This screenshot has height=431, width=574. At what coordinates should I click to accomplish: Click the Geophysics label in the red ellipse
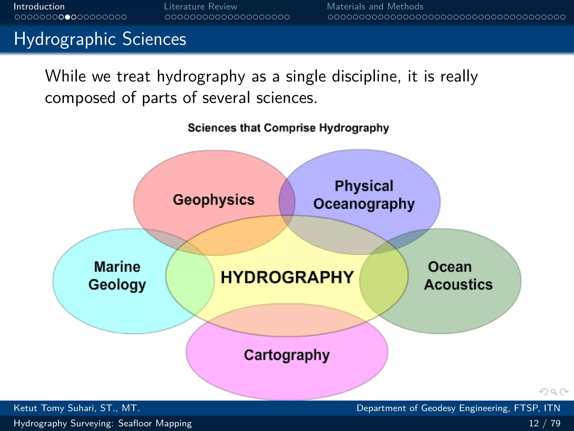pyautogui.click(x=214, y=200)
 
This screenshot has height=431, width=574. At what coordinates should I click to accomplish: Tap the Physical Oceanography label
pyautogui.click(x=364, y=195)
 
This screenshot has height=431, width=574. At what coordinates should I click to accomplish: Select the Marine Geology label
pyautogui.click(x=117, y=276)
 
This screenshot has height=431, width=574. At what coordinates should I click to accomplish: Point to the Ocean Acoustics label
pyautogui.click(x=458, y=276)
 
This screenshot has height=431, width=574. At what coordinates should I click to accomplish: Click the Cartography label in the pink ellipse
pyautogui.click(x=287, y=355)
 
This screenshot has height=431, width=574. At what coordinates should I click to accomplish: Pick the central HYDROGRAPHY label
pyautogui.click(x=287, y=277)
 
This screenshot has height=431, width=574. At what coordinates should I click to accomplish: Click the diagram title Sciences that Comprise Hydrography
pyautogui.click(x=288, y=128)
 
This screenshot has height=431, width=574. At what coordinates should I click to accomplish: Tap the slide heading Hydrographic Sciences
pyautogui.click(x=100, y=39)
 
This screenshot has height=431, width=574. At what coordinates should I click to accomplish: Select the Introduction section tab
pyautogui.click(x=39, y=6)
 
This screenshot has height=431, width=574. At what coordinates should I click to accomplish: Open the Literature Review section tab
pyautogui.click(x=200, y=6)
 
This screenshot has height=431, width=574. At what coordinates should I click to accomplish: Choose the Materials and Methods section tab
pyautogui.click(x=375, y=6)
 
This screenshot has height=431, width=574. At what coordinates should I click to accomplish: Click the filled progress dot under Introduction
pyautogui.click(x=67, y=17)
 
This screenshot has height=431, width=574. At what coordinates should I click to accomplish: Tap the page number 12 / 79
pyautogui.click(x=544, y=423)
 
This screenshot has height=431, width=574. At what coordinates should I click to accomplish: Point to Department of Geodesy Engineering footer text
pyautogui.click(x=458, y=408)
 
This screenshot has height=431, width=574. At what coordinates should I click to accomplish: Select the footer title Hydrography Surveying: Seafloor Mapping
pyautogui.click(x=103, y=423)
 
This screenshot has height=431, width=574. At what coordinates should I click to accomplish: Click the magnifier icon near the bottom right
pyautogui.click(x=554, y=392)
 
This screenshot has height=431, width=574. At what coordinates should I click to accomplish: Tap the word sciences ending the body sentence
pyautogui.click(x=286, y=98)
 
